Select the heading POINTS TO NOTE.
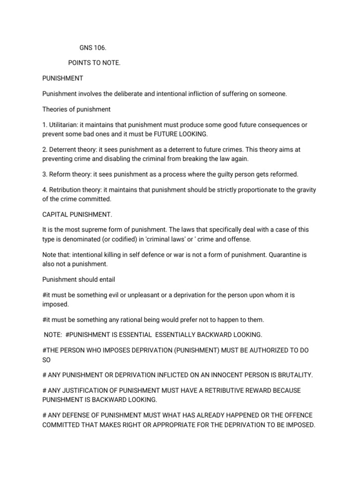pos(94,62)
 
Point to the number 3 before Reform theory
pos(44,174)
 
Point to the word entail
pos(105,279)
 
